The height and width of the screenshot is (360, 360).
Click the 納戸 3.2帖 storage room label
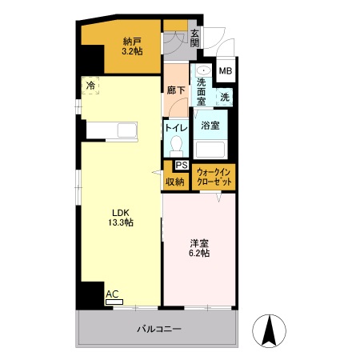(132, 46)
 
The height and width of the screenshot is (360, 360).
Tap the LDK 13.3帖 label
(121, 218)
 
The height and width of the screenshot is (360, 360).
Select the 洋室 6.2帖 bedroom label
(199, 248)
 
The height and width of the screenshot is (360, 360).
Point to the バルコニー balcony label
(159, 329)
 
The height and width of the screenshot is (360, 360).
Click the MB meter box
(226, 71)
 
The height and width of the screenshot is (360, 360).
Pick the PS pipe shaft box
(182, 165)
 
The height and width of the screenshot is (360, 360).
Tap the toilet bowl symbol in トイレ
(176, 146)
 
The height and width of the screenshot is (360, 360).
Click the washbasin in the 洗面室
(204, 70)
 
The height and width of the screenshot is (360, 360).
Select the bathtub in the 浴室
(210, 150)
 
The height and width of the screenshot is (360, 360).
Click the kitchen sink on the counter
(127, 130)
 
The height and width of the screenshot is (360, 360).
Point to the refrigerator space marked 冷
(90, 86)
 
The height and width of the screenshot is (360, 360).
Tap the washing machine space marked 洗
(225, 97)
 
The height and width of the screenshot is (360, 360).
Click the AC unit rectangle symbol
(114, 302)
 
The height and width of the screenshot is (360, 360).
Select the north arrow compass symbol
(269, 330)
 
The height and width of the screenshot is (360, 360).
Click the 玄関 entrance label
(195, 38)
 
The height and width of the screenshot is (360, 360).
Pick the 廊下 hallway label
(176, 90)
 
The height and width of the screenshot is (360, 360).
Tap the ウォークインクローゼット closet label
(214, 177)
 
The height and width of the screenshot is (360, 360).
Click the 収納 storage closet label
(175, 182)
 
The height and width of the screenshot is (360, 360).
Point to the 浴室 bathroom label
(210, 126)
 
